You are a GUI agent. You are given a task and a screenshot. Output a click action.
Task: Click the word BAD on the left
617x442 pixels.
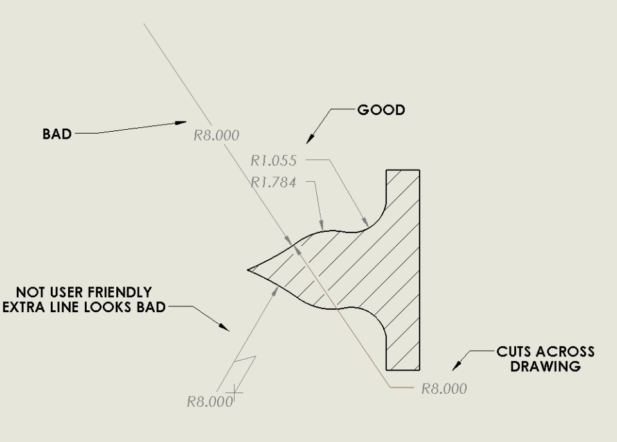[x=57, y=134]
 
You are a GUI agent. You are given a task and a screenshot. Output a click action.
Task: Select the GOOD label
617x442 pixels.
[x=381, y=110]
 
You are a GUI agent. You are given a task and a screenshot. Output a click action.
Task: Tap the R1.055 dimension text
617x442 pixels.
[x=274, y=161]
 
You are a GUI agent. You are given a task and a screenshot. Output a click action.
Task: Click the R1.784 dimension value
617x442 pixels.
[x=274, y=182]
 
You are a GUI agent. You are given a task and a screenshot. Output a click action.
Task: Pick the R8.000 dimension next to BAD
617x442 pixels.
[x=217, y=136]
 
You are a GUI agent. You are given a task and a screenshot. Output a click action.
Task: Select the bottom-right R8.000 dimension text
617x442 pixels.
[x=444, y=389]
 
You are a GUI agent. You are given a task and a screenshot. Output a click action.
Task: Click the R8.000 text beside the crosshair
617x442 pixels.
[x=210, y=402]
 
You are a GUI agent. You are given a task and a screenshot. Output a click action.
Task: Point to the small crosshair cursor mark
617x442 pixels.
[x=235, y=392]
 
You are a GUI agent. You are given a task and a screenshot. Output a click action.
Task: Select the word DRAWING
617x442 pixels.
[x=546, y=366]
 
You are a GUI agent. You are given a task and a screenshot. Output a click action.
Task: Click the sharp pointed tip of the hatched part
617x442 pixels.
[x=247, y=270]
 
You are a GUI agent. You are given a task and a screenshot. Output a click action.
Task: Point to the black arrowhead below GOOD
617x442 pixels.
[x=310, y=138]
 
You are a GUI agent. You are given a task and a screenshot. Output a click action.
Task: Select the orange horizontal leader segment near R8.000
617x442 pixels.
[x=401, y=387]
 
